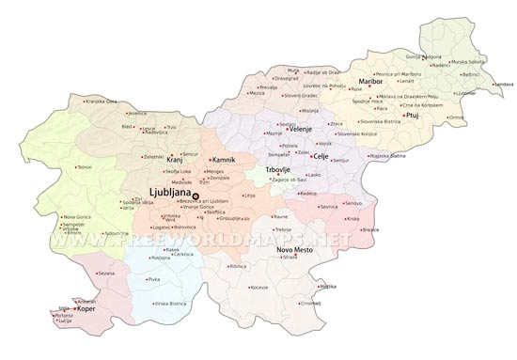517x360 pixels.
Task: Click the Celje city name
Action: [321, 156]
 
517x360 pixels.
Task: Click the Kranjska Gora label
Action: [102, 102]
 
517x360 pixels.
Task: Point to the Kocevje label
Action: [258, 287]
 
